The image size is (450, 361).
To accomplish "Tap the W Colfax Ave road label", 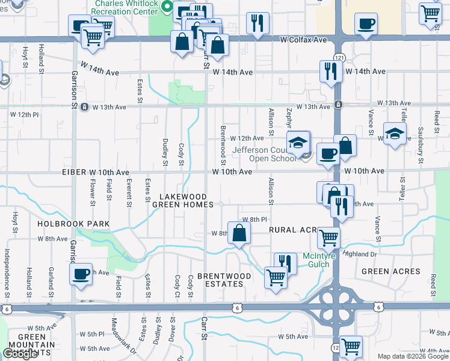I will click(x=303, y=39).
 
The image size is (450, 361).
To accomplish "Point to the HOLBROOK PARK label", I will click(x=73, y=224).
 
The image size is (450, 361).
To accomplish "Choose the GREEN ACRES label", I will click(x=390, y=271).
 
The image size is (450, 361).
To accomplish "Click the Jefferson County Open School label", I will click(x=273, y=154).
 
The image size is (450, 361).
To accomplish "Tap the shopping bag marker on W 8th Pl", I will click(x=239, y=233).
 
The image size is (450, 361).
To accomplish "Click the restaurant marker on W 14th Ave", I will click(x=330, y=71).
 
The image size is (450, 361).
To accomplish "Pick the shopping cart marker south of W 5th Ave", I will click(x=350, y=346).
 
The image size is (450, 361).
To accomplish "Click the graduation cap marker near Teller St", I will click(x=394, y=133).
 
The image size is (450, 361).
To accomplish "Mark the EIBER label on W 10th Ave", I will click(x=75, y=171).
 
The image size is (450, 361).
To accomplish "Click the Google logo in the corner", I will click(x=19, y=354).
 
